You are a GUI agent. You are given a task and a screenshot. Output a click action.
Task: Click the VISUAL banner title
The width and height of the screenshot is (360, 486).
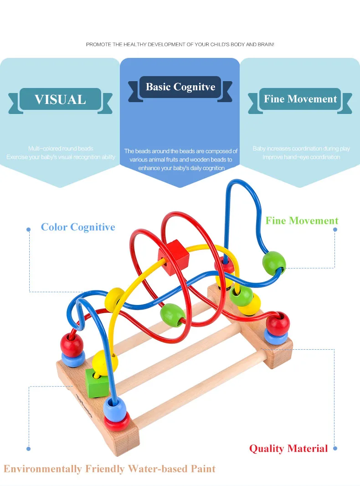[x=60, y=100]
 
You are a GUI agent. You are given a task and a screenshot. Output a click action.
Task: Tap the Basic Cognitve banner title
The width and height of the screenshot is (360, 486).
[x=180, y=87]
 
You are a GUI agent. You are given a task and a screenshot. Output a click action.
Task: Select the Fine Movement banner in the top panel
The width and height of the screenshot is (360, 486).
[x=300, y=99]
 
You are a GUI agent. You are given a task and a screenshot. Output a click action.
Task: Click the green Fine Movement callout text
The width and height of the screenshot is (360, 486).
[x=302, y=221]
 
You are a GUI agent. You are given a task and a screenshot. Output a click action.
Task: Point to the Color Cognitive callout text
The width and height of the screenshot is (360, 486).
[x=78, y=227]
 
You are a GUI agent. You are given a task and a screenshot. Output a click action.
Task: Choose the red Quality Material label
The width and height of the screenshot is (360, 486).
[x=288, y=449]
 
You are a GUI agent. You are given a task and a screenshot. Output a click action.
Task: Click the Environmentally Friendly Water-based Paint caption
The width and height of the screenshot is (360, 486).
[x=109, y=469]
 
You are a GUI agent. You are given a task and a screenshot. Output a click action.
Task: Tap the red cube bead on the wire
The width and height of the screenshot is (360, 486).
[x=173, y=258]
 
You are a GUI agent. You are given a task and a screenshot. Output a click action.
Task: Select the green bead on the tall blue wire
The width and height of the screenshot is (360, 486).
[x=274, y=263]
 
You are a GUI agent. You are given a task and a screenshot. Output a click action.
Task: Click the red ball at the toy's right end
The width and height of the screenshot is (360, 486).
[x=278, y=323]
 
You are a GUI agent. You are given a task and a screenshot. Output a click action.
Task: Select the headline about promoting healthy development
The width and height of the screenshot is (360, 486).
[x=180, y=45]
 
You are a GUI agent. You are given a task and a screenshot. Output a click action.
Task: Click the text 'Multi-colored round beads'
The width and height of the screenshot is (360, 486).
[x=61, y=149]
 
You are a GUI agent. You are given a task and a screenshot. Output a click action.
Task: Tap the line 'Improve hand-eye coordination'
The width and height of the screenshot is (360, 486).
[x=301, y=157]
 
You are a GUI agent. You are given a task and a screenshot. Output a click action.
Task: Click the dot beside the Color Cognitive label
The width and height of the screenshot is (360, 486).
[x=28, y=229]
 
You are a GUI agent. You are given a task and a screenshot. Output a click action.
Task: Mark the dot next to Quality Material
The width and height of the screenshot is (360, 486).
[x=335, y=449]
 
